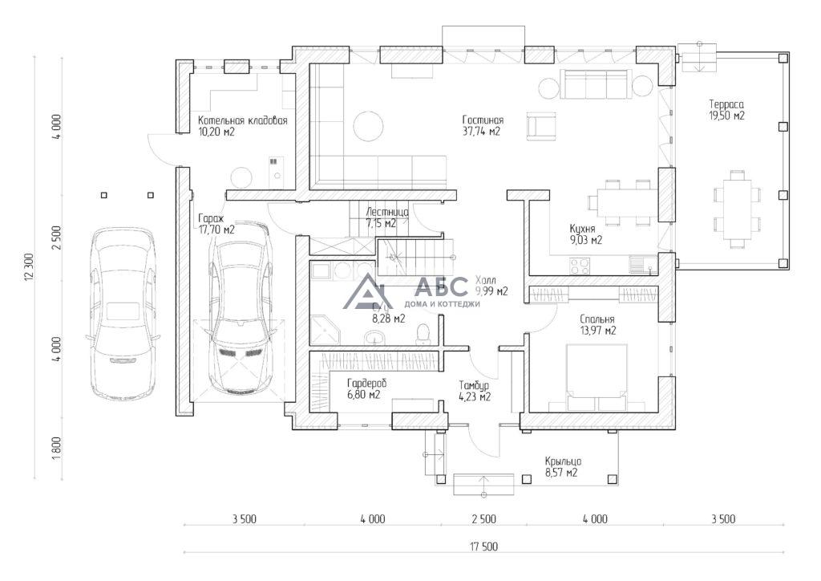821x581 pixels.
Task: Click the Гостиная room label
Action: click(x=483, y=120)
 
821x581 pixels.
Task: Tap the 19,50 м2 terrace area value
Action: click(x=727, y=116)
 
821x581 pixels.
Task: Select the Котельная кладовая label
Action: click(x=243, y=120)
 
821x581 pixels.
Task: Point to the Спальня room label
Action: click(x=597, y=318)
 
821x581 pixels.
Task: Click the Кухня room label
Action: click(x=582, y=228)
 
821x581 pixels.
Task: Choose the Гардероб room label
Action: click(x=367, y=384)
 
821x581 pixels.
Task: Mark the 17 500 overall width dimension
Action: click(x=483, y=546)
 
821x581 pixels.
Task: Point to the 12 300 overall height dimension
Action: click(x=30, y=266)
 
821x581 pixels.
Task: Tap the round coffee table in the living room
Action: click(x=370, y=125)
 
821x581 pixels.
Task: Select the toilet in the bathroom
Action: click(x=425, y=333)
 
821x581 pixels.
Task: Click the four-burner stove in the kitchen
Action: click(x=580, y=264)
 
